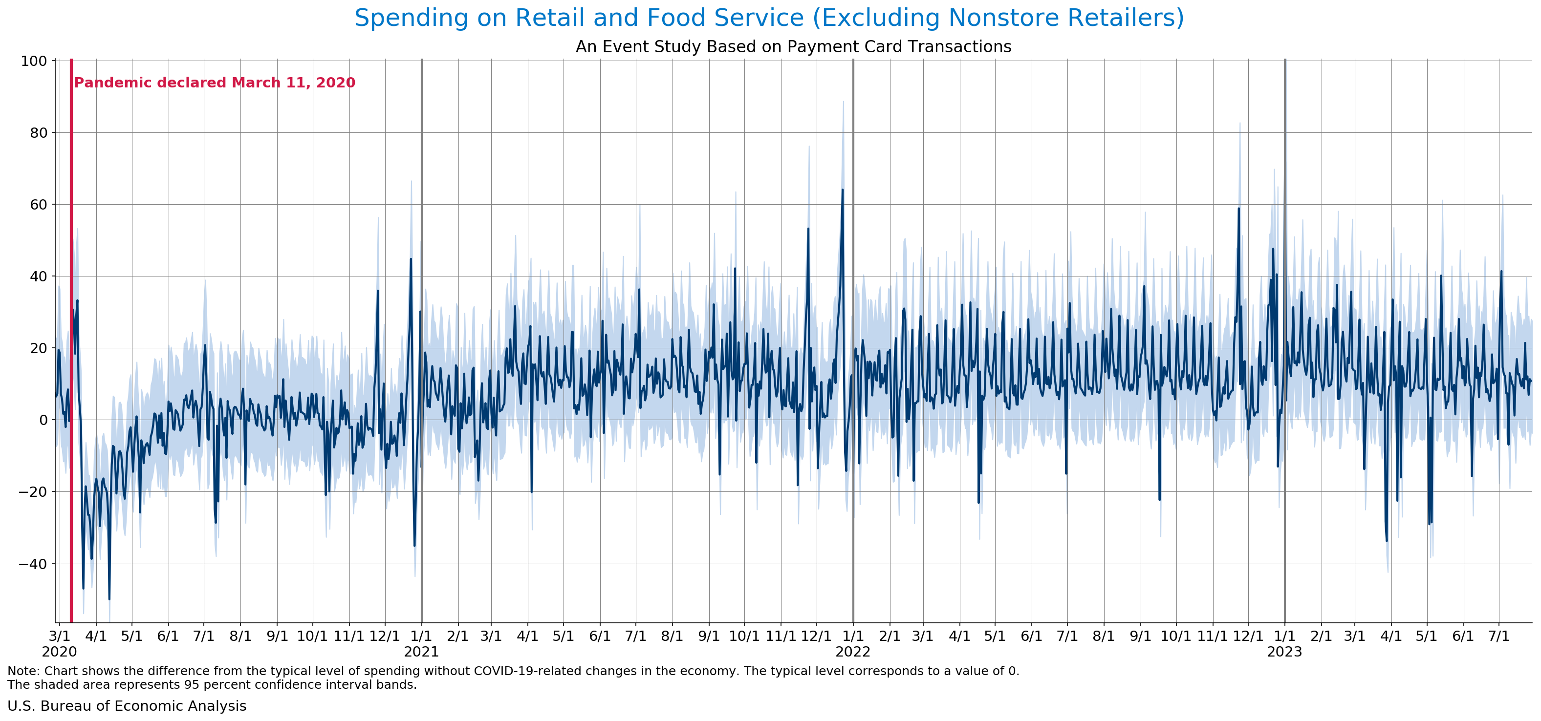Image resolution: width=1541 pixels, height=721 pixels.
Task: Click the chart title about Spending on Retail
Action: [769, 18]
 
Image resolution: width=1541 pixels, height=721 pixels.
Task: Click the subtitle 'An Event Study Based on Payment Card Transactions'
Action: [793, 46]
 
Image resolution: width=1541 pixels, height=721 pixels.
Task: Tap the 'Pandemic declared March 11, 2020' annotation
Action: [214, 83]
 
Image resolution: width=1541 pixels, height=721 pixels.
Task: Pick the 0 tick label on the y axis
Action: [43, 420]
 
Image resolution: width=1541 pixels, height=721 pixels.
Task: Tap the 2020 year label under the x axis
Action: [59, 652]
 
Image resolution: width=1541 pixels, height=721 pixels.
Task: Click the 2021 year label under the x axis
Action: [421, 652]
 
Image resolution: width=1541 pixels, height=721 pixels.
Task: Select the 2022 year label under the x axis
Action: [853, 652]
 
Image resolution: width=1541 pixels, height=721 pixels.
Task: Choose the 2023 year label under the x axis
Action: [1284, 652]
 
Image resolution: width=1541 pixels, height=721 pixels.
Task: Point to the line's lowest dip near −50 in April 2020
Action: [109, 599]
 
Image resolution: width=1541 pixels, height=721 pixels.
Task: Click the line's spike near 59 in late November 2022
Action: [1239, 209]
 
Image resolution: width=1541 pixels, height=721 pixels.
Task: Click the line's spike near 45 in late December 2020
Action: [411, 259]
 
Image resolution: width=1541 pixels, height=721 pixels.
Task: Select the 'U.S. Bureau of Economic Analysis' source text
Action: [127, 706]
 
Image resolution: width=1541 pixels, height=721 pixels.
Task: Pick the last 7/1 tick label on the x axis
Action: [1498, 636]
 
